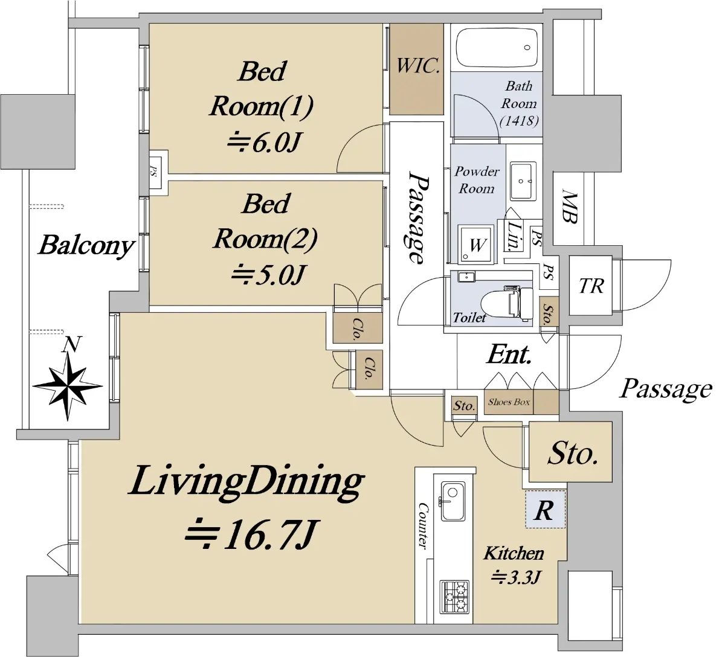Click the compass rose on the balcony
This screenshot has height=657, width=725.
point(68,386)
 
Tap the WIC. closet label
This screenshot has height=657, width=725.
point(419,66)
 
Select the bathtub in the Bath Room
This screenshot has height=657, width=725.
point(497,48)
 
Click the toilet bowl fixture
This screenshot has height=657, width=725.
point(507,303)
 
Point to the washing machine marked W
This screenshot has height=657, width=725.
point(475,245)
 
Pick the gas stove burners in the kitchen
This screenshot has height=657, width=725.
point(454,597)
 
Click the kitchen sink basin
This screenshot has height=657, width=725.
point(453,501)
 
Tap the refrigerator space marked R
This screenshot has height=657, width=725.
point(544,510)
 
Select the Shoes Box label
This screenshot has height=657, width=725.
point(509,402)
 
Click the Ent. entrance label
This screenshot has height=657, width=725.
point(509,355)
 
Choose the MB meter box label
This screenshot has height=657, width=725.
point(570,207)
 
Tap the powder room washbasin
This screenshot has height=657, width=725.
point(523,181)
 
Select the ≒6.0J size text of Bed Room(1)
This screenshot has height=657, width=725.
point(263,143)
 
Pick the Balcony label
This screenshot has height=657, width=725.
point(87,246)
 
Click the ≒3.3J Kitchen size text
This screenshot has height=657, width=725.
point(516,577)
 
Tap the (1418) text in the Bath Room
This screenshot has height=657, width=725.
point(520,121)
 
